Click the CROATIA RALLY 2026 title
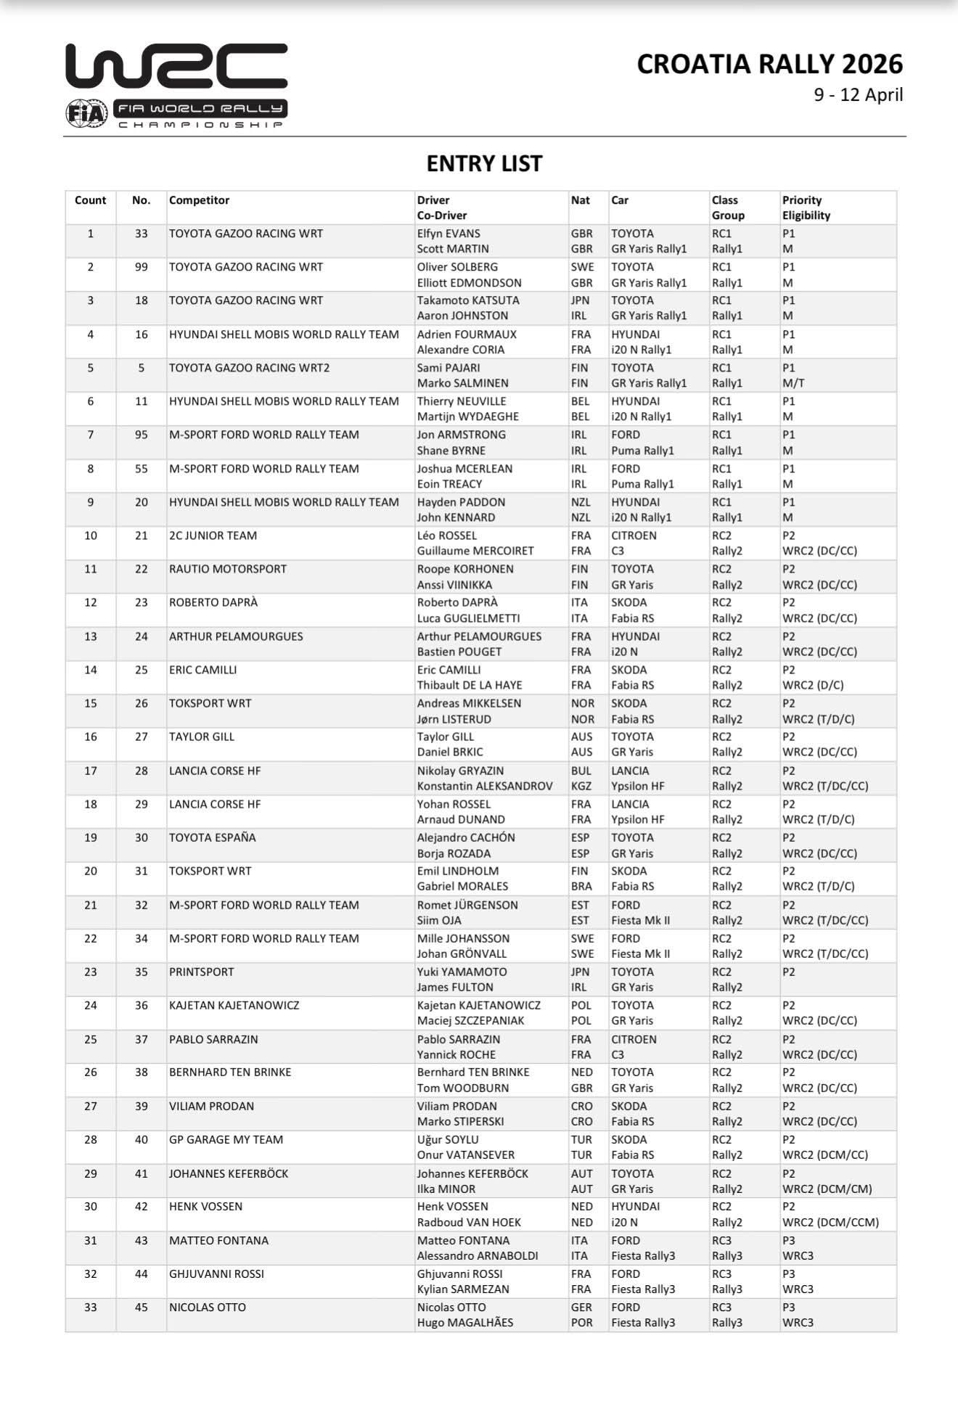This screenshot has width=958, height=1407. [x=769, y=65]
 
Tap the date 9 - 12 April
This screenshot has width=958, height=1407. [x=858, y=95]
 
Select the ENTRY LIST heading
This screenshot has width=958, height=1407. [x=484, y=164]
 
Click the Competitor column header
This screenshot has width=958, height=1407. [x=199, y=200]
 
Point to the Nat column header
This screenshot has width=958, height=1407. [x=580, y=200]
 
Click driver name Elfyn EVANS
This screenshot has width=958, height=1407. [x=449, y=234]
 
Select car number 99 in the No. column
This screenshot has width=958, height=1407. [x=141, y=267]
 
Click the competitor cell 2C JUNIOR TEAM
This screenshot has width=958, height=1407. [x=213, y=536]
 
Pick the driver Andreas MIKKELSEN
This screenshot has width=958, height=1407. [x=469, y=703]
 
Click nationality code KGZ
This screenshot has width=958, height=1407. [x=581, y=786]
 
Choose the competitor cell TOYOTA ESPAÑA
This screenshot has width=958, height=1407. [x=212, y=837]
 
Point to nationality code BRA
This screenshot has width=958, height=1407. [x=581, y=886]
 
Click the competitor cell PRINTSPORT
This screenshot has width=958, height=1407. [x=202, y=972]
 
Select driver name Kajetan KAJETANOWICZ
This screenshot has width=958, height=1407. [x=478, y=1005]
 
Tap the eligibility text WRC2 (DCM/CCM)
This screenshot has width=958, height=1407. [x=830, y=1222]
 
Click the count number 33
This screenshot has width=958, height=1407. [x=90, y=1307]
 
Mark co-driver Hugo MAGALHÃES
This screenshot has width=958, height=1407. [x=464, y=1322]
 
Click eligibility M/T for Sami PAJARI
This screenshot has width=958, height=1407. [x=793, y=383]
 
